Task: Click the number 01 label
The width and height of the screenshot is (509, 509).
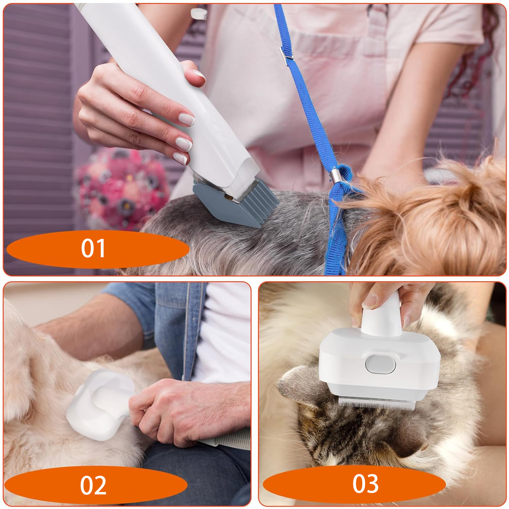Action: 93,248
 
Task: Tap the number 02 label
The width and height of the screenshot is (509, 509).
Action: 93,485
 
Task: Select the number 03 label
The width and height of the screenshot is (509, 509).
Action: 365,484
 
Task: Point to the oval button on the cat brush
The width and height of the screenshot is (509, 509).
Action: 381,364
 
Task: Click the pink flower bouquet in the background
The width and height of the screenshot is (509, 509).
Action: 122,187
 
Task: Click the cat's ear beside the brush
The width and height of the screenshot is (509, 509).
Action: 299,387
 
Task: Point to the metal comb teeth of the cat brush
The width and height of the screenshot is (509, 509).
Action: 377,402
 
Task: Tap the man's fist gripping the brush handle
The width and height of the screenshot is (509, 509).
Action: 183,412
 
